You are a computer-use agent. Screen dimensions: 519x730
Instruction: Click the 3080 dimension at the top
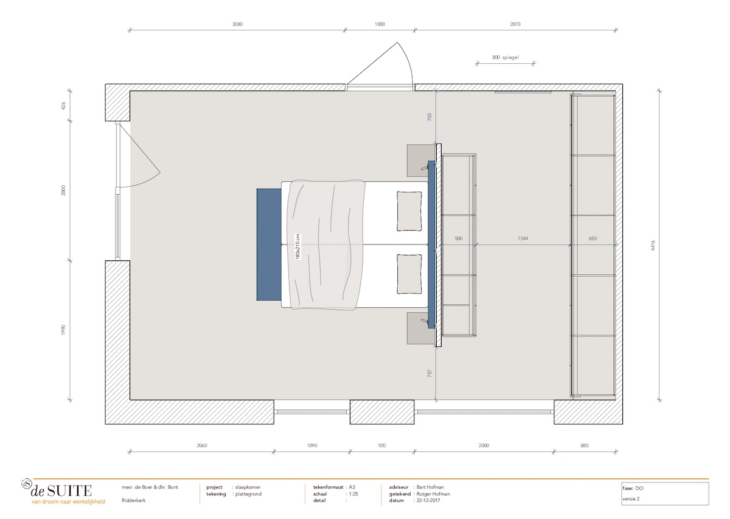(x=237, y=24)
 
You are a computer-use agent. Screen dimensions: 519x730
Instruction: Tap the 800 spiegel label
(x=505, y=58)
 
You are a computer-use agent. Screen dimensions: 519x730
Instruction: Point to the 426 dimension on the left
(x=63, y=105)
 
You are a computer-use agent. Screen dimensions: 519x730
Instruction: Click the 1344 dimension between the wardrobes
(x=523, y=239)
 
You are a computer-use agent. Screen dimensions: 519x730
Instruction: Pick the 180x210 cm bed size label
(x=298, y=246)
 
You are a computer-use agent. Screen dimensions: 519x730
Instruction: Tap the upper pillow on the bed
(x=409, y=211)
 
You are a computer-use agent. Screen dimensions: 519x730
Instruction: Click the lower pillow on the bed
(x=409, y=274)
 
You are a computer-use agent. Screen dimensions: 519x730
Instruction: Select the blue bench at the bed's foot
(x=268, y=245)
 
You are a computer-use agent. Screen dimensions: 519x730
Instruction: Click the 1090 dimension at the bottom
(x=311, y=445)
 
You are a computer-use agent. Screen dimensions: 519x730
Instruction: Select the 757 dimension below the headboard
(x=430, y=373)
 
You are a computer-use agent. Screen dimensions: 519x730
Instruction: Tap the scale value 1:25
(x=353, y=494)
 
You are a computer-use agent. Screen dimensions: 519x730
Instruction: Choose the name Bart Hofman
(x=431, y=487)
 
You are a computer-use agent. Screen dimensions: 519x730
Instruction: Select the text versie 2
(x=631, y=499)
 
